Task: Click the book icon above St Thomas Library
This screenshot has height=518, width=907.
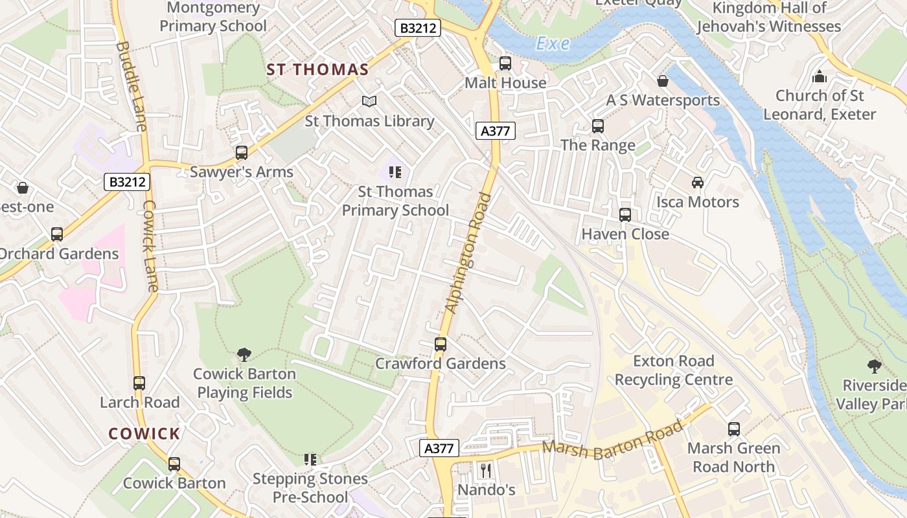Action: click(369, 102)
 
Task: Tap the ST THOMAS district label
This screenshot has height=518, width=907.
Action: click(317, 70)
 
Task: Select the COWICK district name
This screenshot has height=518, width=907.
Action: click(144, 434)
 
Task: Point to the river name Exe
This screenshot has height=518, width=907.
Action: click(553, 44)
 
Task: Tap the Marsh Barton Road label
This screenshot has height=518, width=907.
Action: click(612, 440)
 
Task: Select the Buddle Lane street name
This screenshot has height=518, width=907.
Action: click(132, 86)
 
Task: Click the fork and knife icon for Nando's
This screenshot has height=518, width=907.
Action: click(486, 470)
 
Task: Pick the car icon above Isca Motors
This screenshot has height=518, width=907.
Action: click(697, 183)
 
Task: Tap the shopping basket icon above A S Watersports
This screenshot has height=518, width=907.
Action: click(663, 81)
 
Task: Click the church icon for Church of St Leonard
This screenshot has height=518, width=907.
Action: click(820, 77)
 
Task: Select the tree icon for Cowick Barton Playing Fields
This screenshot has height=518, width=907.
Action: click(244, 354)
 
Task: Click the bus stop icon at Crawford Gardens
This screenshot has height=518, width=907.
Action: click(441, 344)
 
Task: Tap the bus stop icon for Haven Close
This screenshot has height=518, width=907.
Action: click(625, 214)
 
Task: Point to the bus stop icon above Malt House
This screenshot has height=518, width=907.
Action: click(505, 63)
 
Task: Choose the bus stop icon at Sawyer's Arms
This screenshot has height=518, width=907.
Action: click(242, 153)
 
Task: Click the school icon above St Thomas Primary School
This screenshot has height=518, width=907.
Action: click(395, 172)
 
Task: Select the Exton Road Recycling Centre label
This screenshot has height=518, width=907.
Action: click(674, 370)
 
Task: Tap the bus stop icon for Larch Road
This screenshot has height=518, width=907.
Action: click(139, 383)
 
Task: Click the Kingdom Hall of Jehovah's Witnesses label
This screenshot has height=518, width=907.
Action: click(769, 17)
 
